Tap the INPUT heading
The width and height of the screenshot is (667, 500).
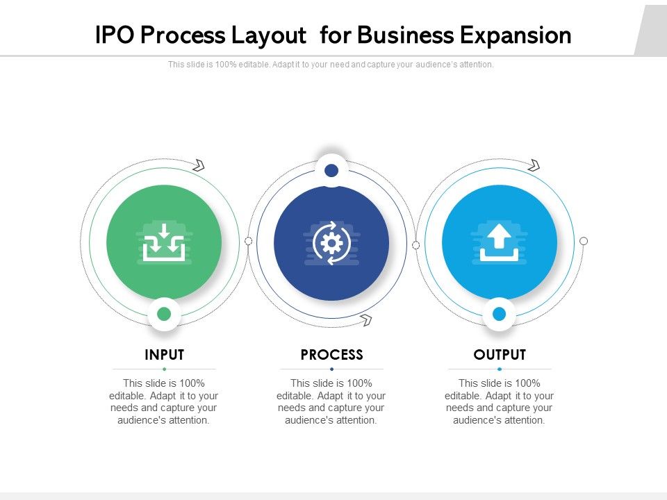point(164,355)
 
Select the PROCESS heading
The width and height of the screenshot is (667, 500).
point(331,355)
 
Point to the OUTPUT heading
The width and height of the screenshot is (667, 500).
point(500,355)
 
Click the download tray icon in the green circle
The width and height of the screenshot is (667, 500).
point(164,242)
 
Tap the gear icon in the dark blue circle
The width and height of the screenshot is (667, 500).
point(331,242)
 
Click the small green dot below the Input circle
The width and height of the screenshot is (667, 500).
point(164,314)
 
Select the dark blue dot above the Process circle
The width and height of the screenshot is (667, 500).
point(331,170)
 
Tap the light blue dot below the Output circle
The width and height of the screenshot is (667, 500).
point(499,314)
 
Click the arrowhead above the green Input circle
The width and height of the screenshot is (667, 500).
point(199,165)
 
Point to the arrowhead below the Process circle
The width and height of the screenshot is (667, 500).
point(365,319)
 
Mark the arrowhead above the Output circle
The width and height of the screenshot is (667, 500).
point(534,165)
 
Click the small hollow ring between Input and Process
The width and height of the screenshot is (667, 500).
point(248,241)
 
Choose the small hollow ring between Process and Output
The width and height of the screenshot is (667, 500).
point(415,245)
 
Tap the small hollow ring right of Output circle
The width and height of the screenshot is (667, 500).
point(584,241)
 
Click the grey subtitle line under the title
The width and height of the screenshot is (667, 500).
point(331,65)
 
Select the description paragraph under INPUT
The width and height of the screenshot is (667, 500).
point(164,401)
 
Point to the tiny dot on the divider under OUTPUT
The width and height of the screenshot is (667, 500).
point(500,369)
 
